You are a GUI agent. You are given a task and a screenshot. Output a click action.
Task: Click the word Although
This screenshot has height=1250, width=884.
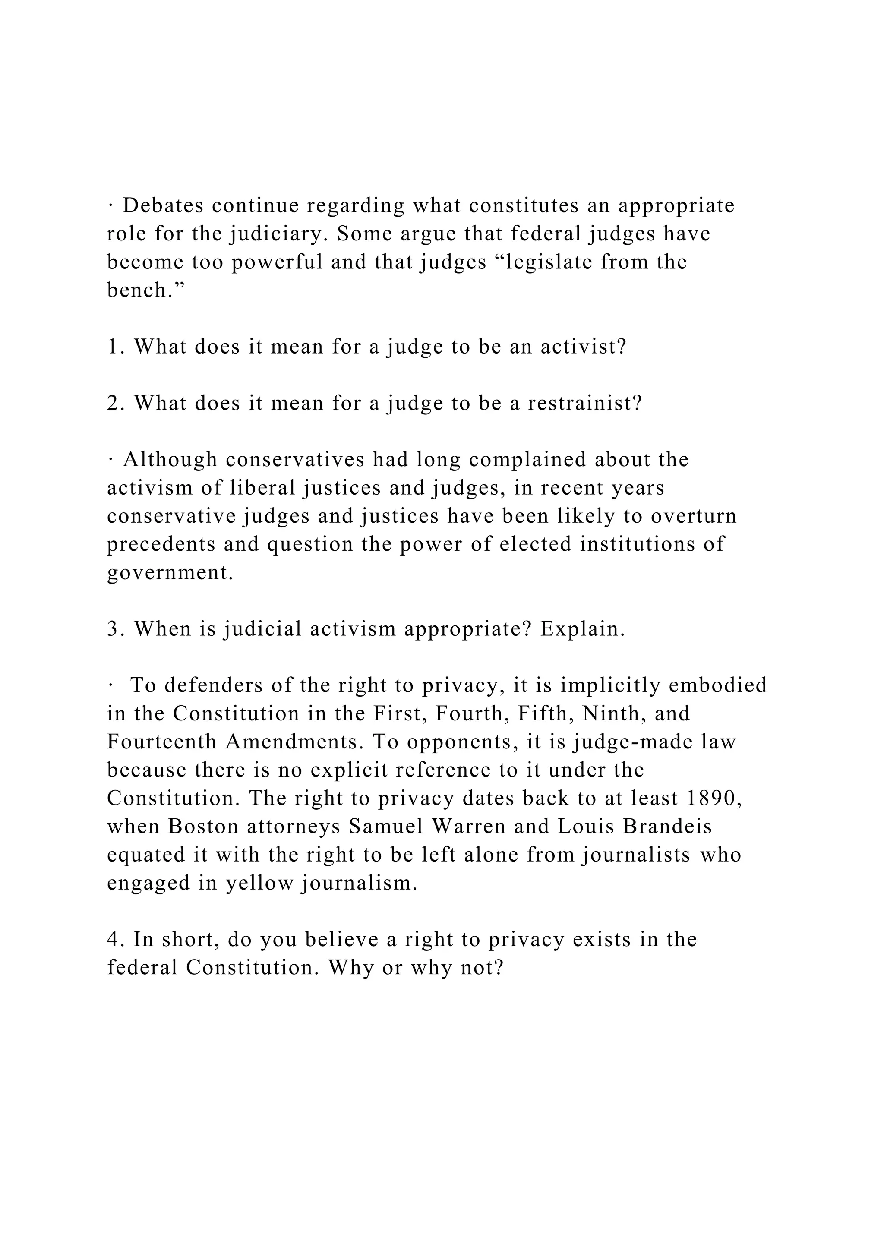coord(170,460)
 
